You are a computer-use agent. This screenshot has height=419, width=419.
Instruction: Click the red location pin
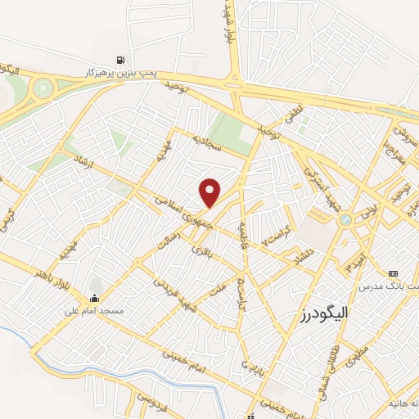(x=211, y=193)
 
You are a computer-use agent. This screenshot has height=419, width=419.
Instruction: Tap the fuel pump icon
(x=122, y=60)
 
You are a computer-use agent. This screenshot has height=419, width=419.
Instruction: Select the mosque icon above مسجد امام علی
(x=95, y=298)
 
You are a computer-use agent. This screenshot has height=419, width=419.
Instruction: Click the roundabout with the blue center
(x=346, y=219)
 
